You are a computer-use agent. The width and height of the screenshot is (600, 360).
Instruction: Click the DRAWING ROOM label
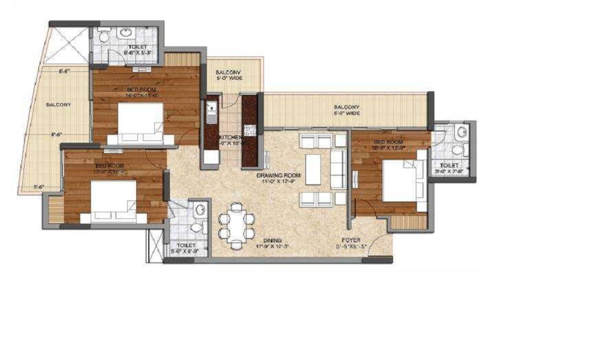point(278,176)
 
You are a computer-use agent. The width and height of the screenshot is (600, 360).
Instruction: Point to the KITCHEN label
point(231,137)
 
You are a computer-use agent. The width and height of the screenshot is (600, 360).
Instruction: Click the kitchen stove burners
point(250,130)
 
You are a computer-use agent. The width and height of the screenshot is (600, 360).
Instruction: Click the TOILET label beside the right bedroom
point(449,165)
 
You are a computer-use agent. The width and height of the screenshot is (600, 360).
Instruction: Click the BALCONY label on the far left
point(58,104)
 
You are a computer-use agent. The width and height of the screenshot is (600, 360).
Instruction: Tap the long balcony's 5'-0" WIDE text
point(347,113)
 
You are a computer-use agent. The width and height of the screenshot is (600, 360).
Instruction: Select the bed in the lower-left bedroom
point(113,200)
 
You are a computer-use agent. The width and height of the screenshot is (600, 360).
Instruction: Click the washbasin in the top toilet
point(128,32)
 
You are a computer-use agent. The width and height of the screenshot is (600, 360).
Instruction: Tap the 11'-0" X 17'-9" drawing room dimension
point(278,183)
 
